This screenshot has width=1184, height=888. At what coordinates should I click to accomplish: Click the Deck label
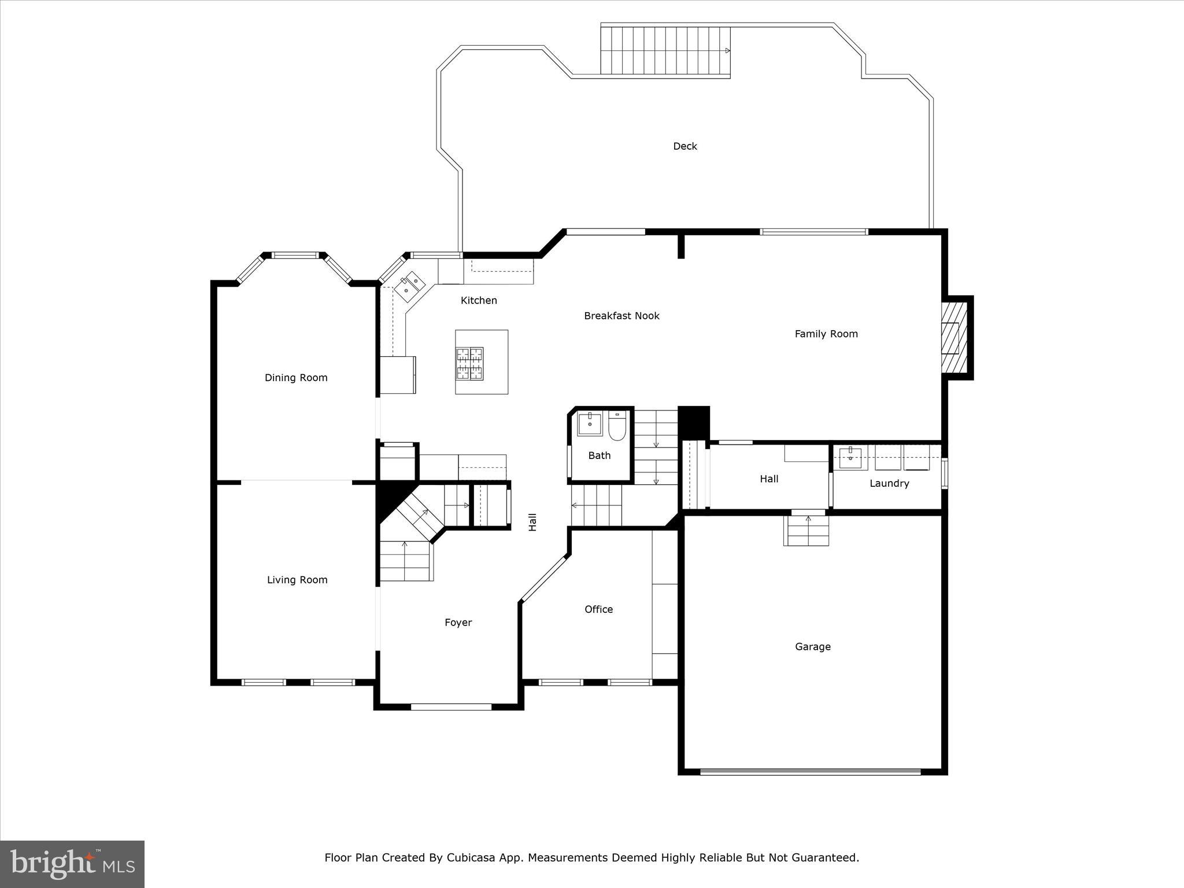tap(684, 146)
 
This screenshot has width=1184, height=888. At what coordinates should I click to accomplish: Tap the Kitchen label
tap(479, 300)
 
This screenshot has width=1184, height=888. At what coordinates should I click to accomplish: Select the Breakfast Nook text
tap(621, 316)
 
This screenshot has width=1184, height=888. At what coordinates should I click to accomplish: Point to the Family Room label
tap(826, 334)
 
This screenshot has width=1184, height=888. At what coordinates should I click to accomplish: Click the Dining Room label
tap(296, 378)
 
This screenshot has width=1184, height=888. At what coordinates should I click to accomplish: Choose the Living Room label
tap(297, 580)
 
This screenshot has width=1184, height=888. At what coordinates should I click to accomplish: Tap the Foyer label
tap(458, 623)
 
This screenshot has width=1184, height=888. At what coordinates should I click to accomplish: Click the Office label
tap(598, 609)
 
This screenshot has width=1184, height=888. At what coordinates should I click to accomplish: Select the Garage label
tap(812, 647)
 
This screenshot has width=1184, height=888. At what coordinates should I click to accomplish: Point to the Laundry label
tap(889, 483)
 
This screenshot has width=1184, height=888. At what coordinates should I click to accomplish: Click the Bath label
tap(599, 456)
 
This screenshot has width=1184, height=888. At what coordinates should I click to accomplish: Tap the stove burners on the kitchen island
tap(469, 364)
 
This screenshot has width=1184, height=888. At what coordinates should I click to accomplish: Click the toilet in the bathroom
tap(617, 426)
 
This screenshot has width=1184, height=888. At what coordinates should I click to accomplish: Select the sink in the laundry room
tap(850, 458)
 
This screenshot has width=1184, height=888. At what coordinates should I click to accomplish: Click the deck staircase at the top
tap(664, 51)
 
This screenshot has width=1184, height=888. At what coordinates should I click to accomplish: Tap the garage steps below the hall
tap(806, 531)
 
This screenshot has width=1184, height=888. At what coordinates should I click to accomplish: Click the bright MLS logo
tap(72, 864)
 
